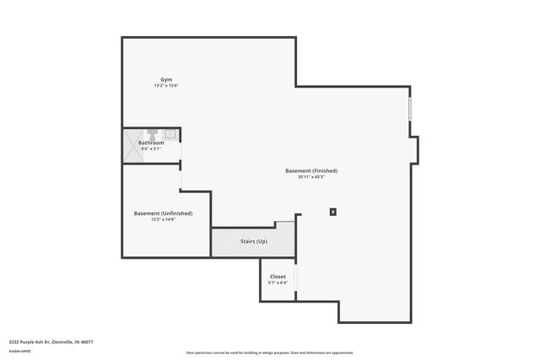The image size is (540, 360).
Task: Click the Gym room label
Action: click(x=166, y=79)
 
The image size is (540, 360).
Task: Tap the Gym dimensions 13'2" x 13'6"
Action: click(x=166, y=86)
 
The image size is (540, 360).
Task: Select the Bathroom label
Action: click(x=151, y=142)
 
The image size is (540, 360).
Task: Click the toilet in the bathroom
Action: click(x=154, y=132)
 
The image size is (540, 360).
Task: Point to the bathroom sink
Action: click(x=170, y=132)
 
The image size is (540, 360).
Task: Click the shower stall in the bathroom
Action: click(x=133, y=144)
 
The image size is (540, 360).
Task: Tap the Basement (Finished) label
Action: click(x=311, y=171)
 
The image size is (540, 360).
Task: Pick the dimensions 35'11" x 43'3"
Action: click(x=311, y=177)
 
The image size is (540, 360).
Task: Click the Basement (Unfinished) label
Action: click(x=163, y=213)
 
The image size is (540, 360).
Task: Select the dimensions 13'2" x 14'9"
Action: click(x=163, y=220)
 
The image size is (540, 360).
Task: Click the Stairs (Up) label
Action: click(x=254, y=242)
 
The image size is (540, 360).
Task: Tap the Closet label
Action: click(x=278, y=277)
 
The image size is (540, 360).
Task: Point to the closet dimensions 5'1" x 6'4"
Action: click(x=278, y=283)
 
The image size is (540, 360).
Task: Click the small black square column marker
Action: click(x=333, y=212)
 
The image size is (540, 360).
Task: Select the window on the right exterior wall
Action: click(x=411, y=110)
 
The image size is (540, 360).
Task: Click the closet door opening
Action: click(x=295, y=278)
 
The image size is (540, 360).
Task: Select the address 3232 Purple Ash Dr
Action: click(x=51, y=341)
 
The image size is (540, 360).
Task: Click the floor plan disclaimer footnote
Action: click(x=269, y=352)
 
